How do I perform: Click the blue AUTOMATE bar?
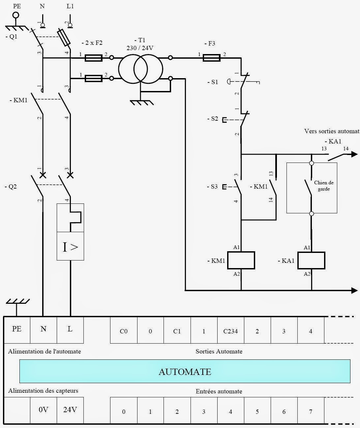(x=185, y=371)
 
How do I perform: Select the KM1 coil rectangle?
(x=241, y=260)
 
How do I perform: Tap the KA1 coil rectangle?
(x=312, y=260)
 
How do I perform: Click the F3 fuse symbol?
(x=211, y=58)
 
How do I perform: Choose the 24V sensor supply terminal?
(x=70, y=410)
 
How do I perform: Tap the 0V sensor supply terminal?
(x=44, y=410)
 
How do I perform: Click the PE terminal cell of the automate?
(x=17, y=329)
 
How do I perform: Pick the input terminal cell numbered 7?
(x=311, y=412)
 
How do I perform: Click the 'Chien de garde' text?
(x=324, y=186)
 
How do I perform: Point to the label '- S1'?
(x=213, y=82)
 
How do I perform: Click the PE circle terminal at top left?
(x=15, y=15)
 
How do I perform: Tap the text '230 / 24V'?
(x=140, y=48)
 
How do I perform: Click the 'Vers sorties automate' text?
(x=331, y=131)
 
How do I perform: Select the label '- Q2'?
(x=11, y=187)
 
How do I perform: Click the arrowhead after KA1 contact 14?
(x=354, y=154)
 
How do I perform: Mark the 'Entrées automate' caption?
(x=219, y=391)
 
